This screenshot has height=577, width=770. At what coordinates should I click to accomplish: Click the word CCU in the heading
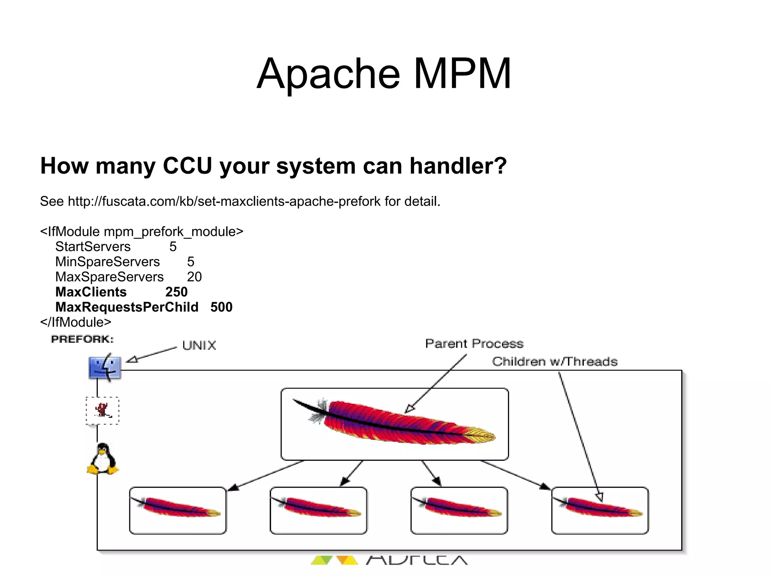click(187, 166)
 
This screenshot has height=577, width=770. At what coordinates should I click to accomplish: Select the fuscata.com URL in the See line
click(224, 201)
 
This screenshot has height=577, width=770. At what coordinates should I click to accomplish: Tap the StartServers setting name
click(93, 247)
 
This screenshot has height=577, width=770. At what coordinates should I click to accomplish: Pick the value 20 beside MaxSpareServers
click(194, 277)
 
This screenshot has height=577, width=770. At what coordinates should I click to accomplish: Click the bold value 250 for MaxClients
click(176, 292)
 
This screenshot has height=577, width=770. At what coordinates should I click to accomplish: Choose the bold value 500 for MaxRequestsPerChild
click(221, 307)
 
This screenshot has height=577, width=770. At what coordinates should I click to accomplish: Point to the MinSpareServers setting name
click(108, 262)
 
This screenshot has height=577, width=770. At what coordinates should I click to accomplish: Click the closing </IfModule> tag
click(76, 322)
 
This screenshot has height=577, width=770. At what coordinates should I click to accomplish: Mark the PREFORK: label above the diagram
click(82, 339)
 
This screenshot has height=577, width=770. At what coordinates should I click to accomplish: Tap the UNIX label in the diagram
click(199, 345)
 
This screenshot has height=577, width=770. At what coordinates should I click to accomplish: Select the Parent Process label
click(474, 344)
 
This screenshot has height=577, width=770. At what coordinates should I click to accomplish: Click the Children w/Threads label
click(555, 362)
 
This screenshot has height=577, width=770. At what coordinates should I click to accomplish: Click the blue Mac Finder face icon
click(105, 367)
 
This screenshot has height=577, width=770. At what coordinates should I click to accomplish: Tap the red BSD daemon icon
click(102, 410)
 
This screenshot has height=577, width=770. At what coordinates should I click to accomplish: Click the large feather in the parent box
click(394, 422)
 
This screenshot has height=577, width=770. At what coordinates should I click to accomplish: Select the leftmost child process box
click(177, 510)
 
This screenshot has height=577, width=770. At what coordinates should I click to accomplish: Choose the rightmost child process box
click(600, 510)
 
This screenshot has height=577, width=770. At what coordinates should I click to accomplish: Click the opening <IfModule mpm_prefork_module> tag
click(142, 232)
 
